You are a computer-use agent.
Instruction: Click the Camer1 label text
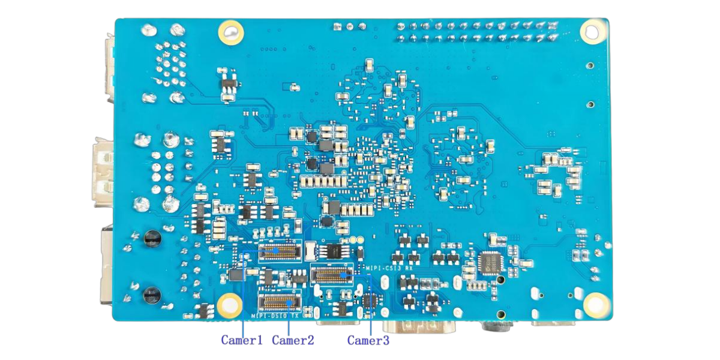pyautogui.click(x=242, y=340)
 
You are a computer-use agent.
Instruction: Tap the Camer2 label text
pyautogui.click(x=293, y=340)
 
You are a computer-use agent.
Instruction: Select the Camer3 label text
pyautogui.click(x=368, y=340)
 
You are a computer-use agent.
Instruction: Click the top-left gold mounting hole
pyautogui.click(x=230, y=32)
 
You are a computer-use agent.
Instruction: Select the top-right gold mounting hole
pyautogui.click(x=592, y=31)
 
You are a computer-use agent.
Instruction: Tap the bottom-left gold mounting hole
pyautogui.click(x=230, y=305)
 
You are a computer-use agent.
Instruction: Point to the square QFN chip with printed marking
pyautogui.click(x=491, y=263)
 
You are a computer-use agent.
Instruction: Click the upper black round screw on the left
pyautogui.click(x=152, y=239)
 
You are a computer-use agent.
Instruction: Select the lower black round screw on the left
pyautogui.click(x=151, y=294)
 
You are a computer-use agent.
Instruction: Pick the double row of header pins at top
pyautogui.click(x=474, y=31)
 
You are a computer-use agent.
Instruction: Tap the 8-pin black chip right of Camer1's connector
pyautogui.click(x=330, y=250)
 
